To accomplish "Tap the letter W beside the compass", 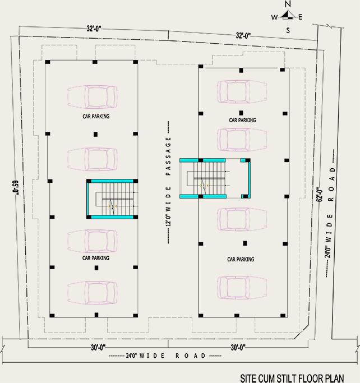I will click(x=275, y=17).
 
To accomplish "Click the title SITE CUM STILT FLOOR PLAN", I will click(x=292, y=379).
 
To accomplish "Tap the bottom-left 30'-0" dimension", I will click(x=98, y=347).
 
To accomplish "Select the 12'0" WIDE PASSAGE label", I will click(x=168, y=182).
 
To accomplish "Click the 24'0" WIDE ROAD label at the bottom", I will click(x=158, y=356).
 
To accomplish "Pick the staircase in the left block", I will click(x=112, y=200).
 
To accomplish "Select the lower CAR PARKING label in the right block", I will click(x=241, y=260).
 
